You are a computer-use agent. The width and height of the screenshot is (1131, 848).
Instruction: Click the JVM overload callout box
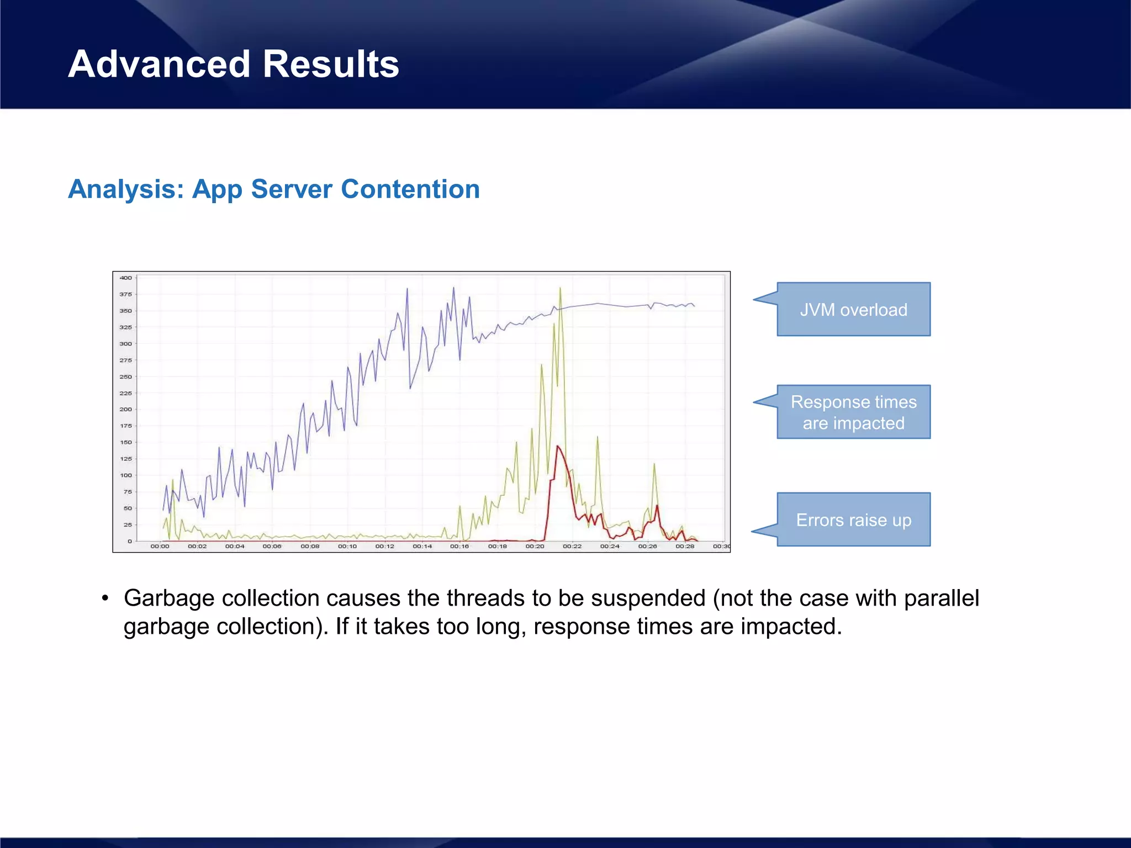853,309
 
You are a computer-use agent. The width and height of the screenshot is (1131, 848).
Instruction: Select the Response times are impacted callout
853,412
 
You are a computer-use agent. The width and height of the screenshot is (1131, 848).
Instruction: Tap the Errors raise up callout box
853,520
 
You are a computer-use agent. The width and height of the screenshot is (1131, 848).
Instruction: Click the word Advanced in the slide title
160,64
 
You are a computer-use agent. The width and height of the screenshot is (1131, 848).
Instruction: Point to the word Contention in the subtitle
410,189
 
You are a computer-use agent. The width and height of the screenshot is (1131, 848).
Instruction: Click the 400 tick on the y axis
126,278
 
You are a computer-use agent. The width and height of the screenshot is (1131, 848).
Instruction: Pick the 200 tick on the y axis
126,409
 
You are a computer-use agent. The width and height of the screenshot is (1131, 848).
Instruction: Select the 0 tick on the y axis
130,541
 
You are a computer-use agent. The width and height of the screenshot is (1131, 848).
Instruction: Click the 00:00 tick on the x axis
160,546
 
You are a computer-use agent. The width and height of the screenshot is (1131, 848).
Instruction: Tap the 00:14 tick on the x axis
422,546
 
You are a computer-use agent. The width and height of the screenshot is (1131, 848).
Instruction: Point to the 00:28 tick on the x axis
685,546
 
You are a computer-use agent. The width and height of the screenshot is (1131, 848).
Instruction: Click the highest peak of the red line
558,446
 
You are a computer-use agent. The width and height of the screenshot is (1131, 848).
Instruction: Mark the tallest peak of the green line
560,288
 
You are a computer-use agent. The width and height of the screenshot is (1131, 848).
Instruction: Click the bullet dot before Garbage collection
105,598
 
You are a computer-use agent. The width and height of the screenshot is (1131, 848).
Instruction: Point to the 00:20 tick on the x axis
535,546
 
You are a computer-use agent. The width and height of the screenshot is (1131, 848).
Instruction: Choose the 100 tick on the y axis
126,475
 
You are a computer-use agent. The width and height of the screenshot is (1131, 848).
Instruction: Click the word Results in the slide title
331,64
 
